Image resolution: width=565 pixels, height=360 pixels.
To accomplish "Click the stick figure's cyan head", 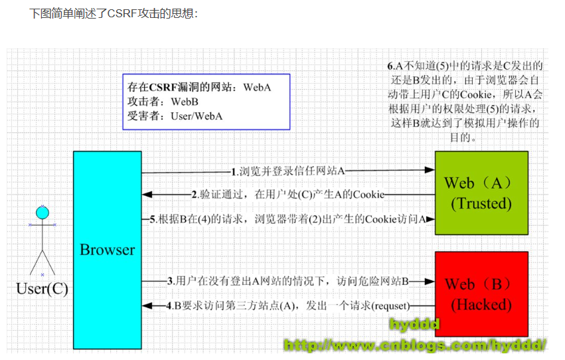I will (42, 213).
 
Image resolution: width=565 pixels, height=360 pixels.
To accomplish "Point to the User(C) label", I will (42, 289).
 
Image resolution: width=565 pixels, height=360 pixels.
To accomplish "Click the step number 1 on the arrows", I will (234, 171).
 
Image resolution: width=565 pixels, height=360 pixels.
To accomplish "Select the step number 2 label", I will (195, 195).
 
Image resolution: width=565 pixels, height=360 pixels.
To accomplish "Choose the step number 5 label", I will (152, 219).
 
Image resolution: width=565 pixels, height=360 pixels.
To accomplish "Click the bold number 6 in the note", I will (390, 66).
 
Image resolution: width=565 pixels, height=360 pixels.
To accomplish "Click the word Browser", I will (108, 250).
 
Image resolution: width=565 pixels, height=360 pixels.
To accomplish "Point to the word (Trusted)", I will (481, 204).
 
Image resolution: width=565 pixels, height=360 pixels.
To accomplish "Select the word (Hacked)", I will (481, 306).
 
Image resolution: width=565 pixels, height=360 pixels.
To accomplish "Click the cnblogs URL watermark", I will (415, 344).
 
